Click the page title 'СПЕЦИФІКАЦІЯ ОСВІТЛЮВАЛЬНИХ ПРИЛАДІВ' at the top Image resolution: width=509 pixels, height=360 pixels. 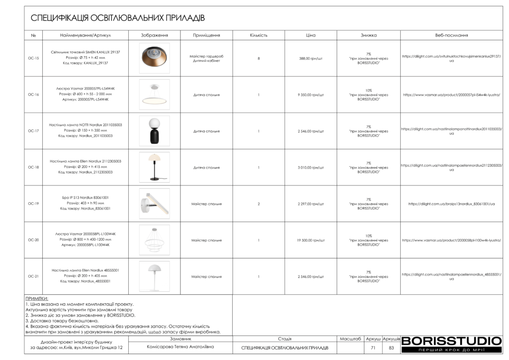[118, 18]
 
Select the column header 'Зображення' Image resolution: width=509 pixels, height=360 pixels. [154, 35]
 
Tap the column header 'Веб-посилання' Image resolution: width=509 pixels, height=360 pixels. [451, 35]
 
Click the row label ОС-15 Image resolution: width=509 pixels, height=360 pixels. [33, 59]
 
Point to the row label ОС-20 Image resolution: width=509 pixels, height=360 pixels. [33, 240]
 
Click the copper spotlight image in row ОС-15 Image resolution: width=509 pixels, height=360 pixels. [154, 58]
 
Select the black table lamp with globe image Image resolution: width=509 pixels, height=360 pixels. [154, 131]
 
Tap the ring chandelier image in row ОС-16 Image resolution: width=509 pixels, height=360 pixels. [154, 94]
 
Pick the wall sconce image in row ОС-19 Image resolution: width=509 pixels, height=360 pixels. [154, 203]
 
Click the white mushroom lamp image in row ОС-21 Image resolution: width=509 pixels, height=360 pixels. [154, 276]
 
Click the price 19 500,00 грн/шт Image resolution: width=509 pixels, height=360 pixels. [311, 240]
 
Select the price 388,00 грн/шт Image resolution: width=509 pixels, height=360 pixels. [311, 59]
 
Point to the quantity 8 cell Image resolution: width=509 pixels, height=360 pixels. [258, 59]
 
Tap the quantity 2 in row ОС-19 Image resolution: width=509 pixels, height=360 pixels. [258, 204]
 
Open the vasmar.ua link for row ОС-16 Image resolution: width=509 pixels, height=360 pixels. [451, 94]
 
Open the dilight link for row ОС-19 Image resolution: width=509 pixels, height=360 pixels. [451, 204]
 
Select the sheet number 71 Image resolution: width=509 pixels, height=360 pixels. [373, 348]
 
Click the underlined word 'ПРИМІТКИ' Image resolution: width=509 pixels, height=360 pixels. [36, 298]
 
